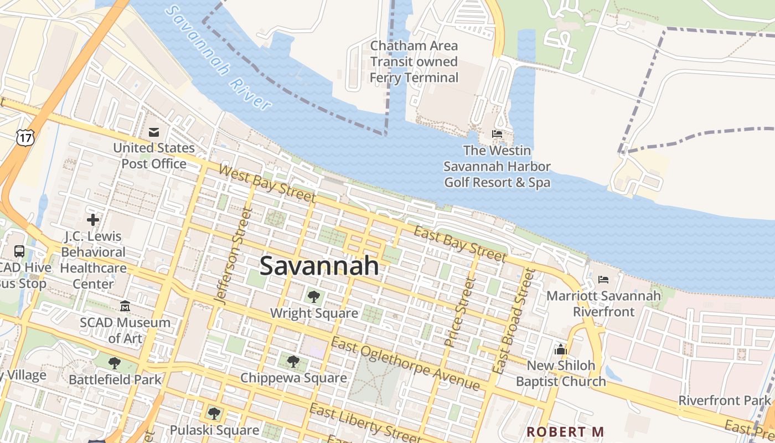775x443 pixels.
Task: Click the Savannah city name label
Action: pos(319,266)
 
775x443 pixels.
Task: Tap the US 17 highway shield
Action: pos(24,137)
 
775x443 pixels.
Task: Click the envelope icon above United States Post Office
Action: pos(154,132)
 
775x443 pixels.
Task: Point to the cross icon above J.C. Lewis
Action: pos(92,220)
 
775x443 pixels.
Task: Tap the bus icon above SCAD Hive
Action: pos(19,251)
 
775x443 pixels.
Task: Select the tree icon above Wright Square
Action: pos(314,297)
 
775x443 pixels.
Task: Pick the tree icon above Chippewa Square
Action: pos(293,362)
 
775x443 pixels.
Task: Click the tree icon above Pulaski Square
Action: pos(214,413)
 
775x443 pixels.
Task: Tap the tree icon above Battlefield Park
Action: pos(115,363)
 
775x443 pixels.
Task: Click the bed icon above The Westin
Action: pos(497,134)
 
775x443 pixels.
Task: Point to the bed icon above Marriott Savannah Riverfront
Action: pos(603,280)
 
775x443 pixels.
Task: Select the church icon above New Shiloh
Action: pos(561,349)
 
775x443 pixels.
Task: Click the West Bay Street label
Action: pos(267,183)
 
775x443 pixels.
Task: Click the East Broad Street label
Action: pos(515,321)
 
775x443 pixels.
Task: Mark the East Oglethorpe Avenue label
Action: pos(405,364)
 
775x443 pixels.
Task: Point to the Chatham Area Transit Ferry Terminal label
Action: pos(414,61)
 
